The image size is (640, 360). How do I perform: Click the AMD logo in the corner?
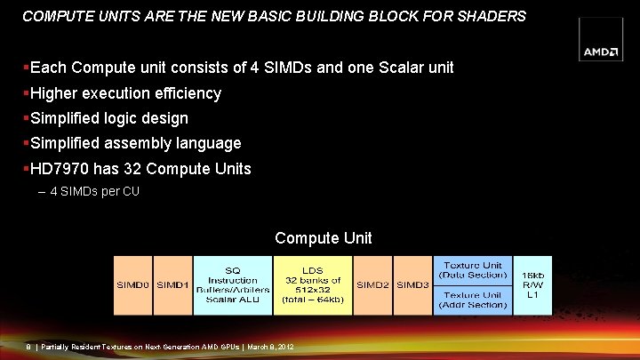pyautogui.click(x=602, y=52)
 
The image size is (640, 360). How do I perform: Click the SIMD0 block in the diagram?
pyautogui.click(x=132, y=284)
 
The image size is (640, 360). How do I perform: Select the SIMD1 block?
pyautogui.click(x=172, y=284)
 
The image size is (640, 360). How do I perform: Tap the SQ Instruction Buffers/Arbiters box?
pyautogui.click(x=232, y=285)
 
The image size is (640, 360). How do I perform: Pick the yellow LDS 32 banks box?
pyautogui.click(x=312, y=285)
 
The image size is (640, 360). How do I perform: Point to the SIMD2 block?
pyautogui.click(x=372, y=284)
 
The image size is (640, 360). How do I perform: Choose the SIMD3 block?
pyautogui.click(x=412, y=284)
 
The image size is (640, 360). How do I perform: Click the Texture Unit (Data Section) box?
pyautogui.click(x=473, y=270)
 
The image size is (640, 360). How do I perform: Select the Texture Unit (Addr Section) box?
pyautogui.click(x=473, y=300)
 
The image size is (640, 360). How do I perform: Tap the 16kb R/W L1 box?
pyautogui.click(x=533, y=285)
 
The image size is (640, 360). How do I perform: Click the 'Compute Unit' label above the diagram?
pyautogui.click(x=323, y=238)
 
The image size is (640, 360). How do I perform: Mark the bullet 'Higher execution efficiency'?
pyautogui.click(x=125, y=93)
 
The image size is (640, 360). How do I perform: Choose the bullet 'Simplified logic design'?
pyautogui.click(x=109, y=118)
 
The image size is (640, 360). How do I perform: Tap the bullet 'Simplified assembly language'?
pyautogui.click(x=135, y=143)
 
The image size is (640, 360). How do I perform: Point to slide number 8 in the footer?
pyautogui.click(x=28, y=347)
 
